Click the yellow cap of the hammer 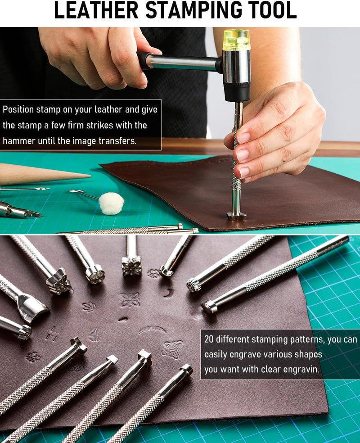[x=236, y=40]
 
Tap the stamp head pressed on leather [x=236, y=215]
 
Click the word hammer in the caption [x=18, y=141]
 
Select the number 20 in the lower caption [x=209, y=339]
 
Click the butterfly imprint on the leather [x=172, y=349]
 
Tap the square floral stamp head [x=131, y=267]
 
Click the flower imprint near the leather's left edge [x=32, y=357]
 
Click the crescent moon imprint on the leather [x=169, y=294]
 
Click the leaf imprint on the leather [x=89, y=306]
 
